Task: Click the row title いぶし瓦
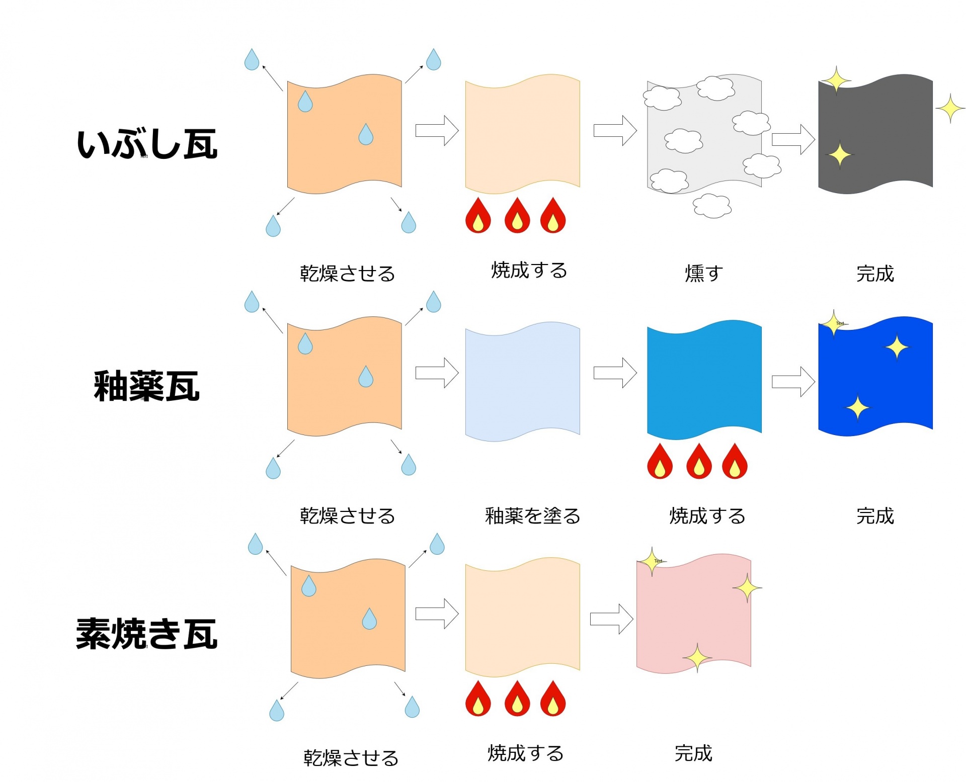click(x=147, y=144)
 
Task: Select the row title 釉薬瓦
click(x=147, y=386)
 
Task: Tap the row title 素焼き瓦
click(x=147, y=634)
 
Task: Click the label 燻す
click(x=704, y=273)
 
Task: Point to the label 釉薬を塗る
click(x=532, y=516)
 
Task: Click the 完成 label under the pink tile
click(x=693, y=753)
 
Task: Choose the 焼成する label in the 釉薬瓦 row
click(x=707, y=516)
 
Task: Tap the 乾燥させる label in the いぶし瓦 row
click(x=347, y=274)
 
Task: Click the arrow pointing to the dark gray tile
click(x=793, y=139)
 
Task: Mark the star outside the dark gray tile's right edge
click(x=950, y=108)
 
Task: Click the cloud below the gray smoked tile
click(x=712, y=206)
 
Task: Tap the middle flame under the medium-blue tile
click(x=699, y=461)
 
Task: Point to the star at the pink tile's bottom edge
click(x=697, y=657)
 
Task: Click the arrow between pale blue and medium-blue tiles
click(x=615, y=373)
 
